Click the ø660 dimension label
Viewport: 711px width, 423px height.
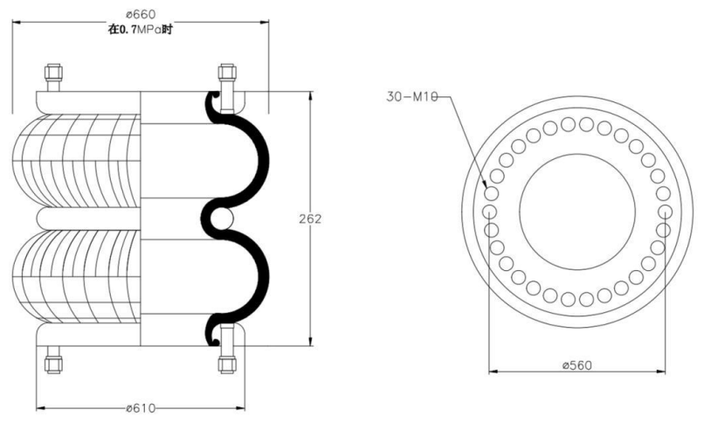point(140,15)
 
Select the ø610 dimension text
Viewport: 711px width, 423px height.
point(140,408)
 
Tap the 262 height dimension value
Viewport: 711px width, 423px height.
point(310,218)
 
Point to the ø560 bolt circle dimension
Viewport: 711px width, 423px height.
point(576,365)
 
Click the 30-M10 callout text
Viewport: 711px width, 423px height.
point(412,96)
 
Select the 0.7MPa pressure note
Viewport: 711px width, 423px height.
point(140,30)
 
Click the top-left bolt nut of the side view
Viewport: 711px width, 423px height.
point(53,73)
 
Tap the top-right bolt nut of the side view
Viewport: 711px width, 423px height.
point(227,73)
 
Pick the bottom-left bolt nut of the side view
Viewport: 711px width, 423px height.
point(53,364)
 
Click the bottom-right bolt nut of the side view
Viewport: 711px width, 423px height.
point(227,364)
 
